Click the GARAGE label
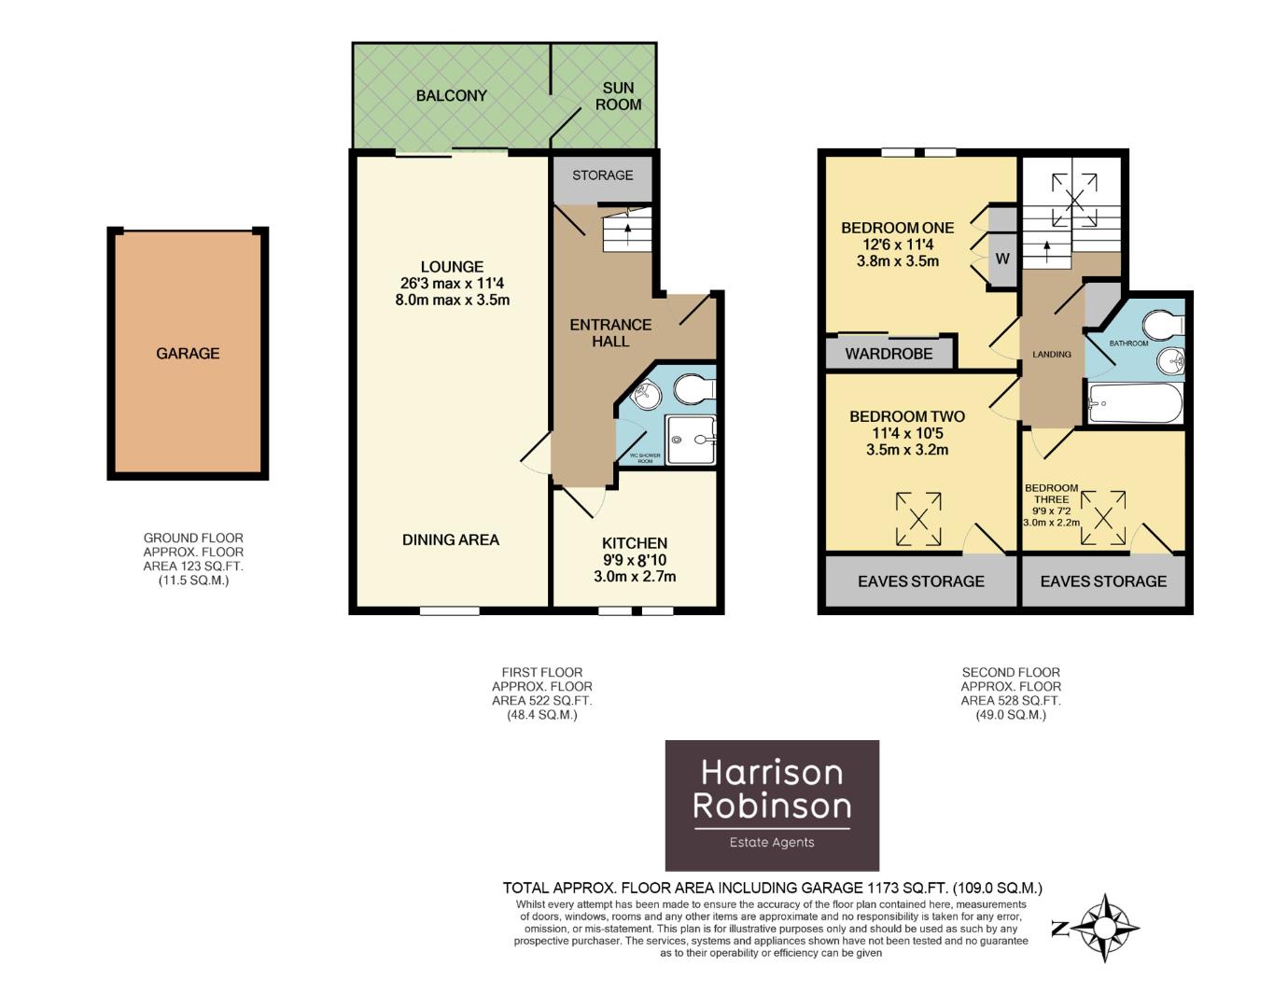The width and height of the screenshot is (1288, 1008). (188, 353)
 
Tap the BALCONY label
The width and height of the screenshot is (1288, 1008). (452, 95)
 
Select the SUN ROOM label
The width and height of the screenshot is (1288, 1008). (618, 96)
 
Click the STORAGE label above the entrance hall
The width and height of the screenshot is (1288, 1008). (602, 175)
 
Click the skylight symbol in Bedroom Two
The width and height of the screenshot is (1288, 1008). (918, 519)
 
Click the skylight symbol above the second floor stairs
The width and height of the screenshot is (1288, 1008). (1074, 199)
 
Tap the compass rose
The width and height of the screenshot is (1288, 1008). (1105, 928)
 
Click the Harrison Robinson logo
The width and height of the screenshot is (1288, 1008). (772, 805)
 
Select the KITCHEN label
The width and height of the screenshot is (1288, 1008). (635, 543)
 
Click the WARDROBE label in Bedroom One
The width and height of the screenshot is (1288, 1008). (889, 354)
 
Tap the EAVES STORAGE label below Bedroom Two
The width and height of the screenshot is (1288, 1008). (920, 581)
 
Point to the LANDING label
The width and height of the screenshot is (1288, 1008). (1052, 355)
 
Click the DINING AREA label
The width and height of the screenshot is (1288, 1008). (451, 539)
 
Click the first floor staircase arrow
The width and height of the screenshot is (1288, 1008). (627, 227)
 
